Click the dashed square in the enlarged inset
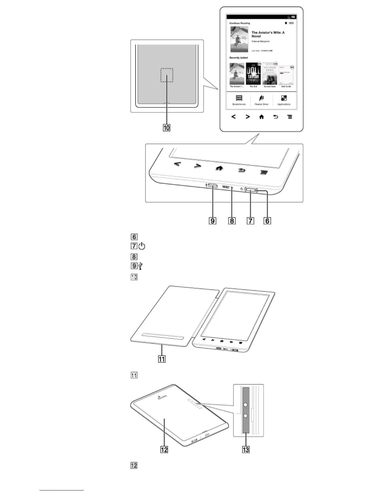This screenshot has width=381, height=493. pyautogui.click(x=167, y=75)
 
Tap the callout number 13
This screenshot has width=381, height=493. pyautogui.click(x=246, y=449)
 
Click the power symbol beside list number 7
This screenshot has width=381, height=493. pyautogui.click(x=142, y=247)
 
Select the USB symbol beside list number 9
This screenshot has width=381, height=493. pyautogui.click(x=141, y=266)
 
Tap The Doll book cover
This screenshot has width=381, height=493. pyautogui.click(x=253, y=74)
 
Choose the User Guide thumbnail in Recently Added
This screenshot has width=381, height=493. pyautogui.click(x=286, y=75)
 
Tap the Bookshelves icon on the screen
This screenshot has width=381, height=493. pyautogui.click(x=239, y=98)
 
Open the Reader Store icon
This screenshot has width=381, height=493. pyautogui.click(x=261, y=98)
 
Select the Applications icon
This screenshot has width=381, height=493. pyautogui.click(x=284, y=98)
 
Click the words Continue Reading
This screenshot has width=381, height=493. pyautogui.click(x=240, y=23)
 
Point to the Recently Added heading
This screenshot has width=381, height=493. pyautogui.click(x=239, y=58)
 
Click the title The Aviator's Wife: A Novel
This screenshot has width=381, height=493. pyautogui.click(x=268, y=34)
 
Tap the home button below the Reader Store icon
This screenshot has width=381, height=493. pyautogui.click(x=261, y=117)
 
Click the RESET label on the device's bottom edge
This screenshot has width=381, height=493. pyautogui.click(x=226, y=187)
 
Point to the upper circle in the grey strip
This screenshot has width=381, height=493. pyautogui.click(x=246, y=405)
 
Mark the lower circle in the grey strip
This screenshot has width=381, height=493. pyautogui.click(x=246, y=416)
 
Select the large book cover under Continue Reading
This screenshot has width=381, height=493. pyautogui.click(x=239, y=39)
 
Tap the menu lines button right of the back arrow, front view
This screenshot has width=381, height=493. pyautogui.click(x=290, y=117)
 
